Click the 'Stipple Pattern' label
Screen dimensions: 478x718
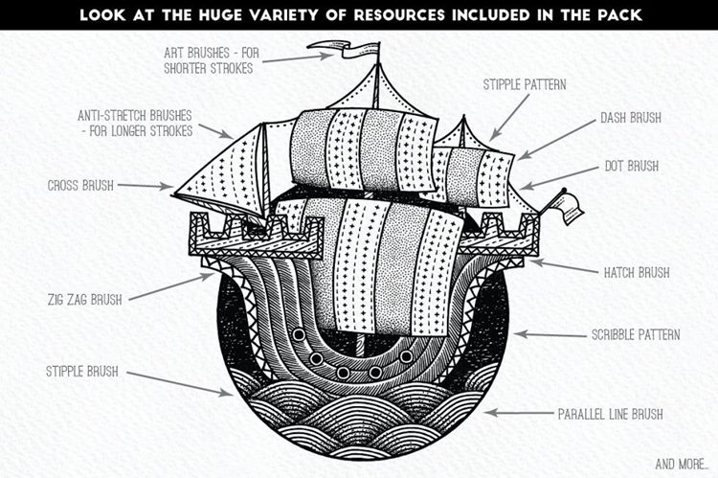point(526,84)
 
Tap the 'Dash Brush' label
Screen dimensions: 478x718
point(631,118)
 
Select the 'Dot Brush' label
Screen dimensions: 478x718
point(630,166)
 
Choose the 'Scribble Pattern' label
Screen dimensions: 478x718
point(635,335)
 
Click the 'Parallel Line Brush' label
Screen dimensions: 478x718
point(611,415)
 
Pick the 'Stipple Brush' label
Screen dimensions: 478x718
point(81,371)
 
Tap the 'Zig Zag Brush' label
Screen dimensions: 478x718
point(85,299)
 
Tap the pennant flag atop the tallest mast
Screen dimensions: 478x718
point(355,49)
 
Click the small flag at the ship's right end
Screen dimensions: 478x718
point(565,204)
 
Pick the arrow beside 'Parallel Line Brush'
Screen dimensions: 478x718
point(517,413)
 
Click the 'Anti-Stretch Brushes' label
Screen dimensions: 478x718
point(135,123)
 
